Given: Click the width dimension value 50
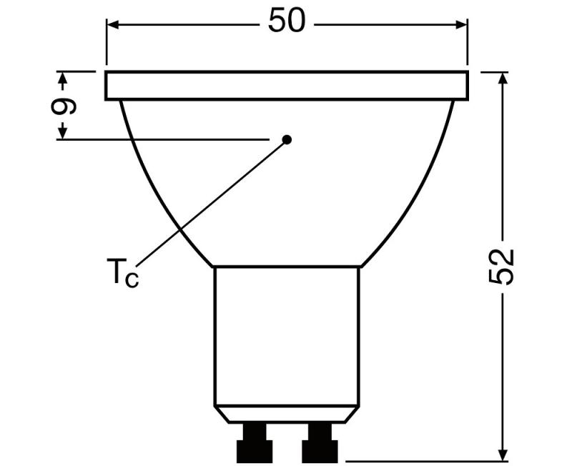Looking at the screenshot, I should [x=287, y=22].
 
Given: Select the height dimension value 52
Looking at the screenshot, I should [x=505, y=267].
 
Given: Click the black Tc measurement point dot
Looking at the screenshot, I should [x=287, y=139].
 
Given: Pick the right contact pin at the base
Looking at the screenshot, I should [x=319, y=443].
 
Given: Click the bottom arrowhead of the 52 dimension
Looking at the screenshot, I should [x=504, y=454].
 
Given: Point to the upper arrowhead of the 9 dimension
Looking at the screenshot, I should [x=63, y=77].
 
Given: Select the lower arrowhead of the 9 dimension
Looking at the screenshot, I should [x=63, y=132].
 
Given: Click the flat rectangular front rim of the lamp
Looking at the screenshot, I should [x=287, y=86].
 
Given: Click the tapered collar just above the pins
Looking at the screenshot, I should [x=287, y=413].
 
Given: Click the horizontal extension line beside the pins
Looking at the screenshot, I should [x=422, y=460].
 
